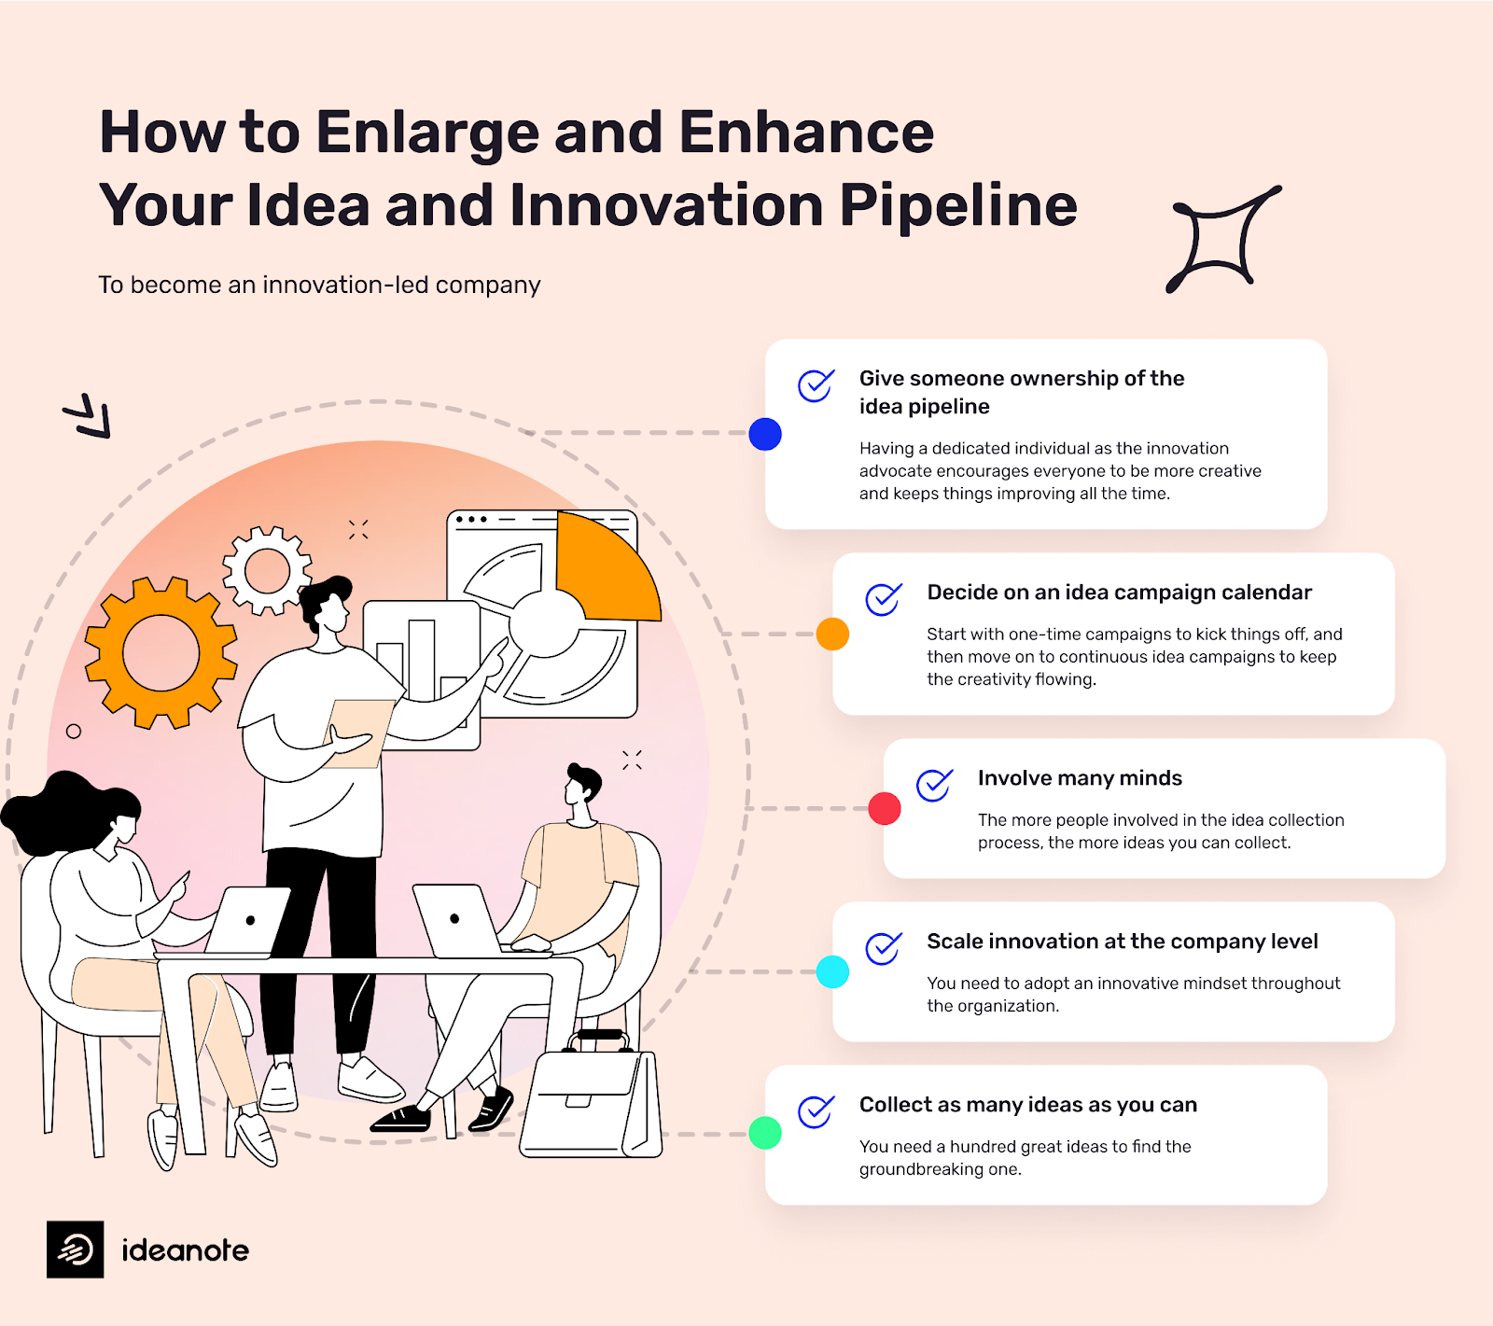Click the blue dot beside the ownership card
coord(765,434)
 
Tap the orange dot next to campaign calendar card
coord(832,634)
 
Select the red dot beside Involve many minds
coord(885,808)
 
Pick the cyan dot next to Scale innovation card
coord(832,971)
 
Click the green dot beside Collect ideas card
coord(765,1133)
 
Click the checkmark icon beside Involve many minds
coord(933,785)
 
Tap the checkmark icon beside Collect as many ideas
coord(815,1111)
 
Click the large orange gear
coord(160,652)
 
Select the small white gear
coord(267,570)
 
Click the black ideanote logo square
coord(76,1249)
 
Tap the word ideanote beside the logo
coord(186,1250)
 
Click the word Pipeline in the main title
coord(958,205)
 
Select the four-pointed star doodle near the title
coord(1221,240)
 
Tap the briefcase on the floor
coord(592,1101)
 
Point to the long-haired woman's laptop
coord(247,922)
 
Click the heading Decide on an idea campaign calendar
coord(1119,593)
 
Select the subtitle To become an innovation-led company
coord(319,285)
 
